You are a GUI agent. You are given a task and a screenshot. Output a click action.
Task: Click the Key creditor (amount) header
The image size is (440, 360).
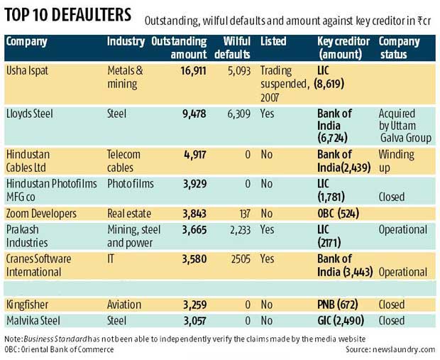click(340, 48)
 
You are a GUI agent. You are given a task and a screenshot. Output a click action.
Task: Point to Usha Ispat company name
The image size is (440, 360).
click(28, 71)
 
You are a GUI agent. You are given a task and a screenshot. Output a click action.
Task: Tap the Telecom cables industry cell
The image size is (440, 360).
click(123, 160)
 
